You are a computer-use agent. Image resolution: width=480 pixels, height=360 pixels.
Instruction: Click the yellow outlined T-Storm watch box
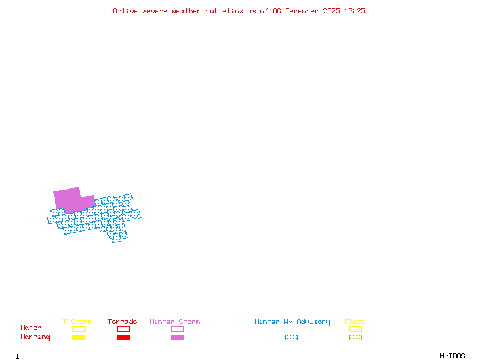tap(78, 329)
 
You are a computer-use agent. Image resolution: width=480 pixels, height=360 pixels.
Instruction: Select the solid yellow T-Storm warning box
tap(78, 337)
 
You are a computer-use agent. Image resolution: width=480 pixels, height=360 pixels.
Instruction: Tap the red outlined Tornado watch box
tap(123, 329)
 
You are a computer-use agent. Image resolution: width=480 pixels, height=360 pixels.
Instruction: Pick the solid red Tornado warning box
tap(123, 337)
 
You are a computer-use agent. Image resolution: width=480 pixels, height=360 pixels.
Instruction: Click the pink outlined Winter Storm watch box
tap(177, 329)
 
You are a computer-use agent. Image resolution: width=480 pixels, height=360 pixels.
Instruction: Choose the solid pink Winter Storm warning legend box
tap(177, 337)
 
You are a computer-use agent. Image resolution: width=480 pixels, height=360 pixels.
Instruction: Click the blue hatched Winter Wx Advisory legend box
tap(291, 337)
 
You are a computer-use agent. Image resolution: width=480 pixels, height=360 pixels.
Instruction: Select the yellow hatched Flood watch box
tap(355, 329)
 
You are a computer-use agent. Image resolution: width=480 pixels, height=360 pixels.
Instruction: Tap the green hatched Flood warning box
tap(355, 337)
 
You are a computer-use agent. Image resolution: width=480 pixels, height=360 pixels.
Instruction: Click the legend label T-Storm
tap(77, 322)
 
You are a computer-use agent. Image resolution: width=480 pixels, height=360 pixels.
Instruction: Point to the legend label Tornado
tap(122, 322)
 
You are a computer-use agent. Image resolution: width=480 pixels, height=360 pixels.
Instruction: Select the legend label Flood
tap(355, 322)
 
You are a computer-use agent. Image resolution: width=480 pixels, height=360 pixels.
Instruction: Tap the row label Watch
tap(31, 328)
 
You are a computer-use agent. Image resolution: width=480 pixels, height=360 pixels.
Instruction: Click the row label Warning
tap(35, 337)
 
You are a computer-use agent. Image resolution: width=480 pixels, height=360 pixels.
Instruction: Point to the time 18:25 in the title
tap(355, 11)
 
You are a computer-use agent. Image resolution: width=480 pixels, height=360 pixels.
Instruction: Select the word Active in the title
tap(125, 11)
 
